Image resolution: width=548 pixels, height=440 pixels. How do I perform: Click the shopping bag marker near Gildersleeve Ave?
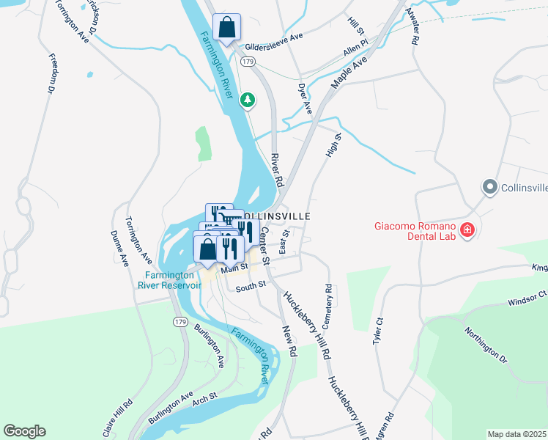227,29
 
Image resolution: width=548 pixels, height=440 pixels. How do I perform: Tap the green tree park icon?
248,99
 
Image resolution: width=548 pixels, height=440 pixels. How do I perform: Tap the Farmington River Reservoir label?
169,281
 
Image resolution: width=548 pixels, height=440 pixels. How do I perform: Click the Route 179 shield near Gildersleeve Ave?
249,62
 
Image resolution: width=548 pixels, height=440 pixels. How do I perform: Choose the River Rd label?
276,168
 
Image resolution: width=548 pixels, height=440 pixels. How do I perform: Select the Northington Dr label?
484,344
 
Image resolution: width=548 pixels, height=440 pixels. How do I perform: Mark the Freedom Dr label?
52,73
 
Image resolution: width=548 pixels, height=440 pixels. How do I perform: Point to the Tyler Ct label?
379,332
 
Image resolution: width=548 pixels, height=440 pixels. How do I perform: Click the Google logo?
24,431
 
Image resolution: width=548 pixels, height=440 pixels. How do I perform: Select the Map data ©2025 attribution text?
516,434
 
